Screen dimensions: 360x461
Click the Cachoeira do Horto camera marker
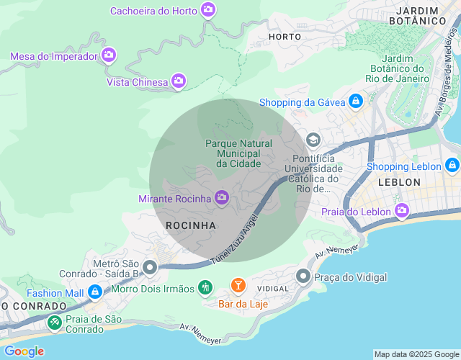pyautogui.click(x=208, y=10)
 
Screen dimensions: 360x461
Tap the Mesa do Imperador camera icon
pyautogui.click(x=109, y=55)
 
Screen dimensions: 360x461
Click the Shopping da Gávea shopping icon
pyautogui.click(x=355, y=102)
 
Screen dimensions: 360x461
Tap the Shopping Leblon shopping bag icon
pyautogui.click(x=452, y=166)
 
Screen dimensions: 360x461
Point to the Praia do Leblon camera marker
pyautogui.click(x=401, y=211)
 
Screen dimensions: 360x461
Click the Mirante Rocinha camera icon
pyautogui.click(x=222, y=197)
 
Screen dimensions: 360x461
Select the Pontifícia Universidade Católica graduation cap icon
pyautogui.click(x=313, y=140)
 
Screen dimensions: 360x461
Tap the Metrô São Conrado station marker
pyautogui.click(x=151, y=268)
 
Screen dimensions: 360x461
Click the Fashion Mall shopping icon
pyautogui.click(x=94, y=292)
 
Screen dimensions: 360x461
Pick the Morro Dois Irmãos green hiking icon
pyautogui.click(x=205, y=288)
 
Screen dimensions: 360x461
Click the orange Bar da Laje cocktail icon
pyautogui.click(x=238, y=287)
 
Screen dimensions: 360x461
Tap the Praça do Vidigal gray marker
pyautogui.click(x=303, y=276)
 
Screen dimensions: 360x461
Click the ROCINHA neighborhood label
pyautogui.click(x=191, y=225)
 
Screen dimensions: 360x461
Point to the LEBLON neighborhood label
pyautogui.click(x=398, y=182)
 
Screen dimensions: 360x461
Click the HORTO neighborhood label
pyautogui.click(x=285, y=36)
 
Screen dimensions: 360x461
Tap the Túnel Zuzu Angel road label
pyautogui.click(x=233, y=241)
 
